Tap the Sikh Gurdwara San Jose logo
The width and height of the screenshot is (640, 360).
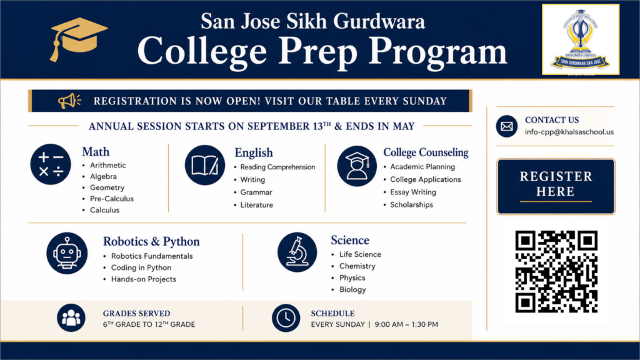click(x=581, y=39)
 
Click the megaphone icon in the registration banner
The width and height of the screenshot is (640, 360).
click(x=69, y=101)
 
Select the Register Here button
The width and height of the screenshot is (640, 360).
click(x=556, y=186)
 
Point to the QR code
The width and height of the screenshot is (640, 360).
click(x=556, y=271)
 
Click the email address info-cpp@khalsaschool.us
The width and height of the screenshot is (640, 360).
click(x=569, y=132)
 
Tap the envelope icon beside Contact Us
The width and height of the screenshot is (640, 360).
click(x=506, y=126)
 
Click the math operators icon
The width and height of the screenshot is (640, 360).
click(x=51, y=164)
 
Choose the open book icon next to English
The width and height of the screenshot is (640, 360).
click(x=205, y=165)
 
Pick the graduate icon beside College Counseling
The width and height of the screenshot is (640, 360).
click(x=357, y=166)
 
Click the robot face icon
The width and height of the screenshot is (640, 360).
click(x=67, y=253)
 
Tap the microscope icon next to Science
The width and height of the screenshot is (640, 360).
click(x=297, y=252)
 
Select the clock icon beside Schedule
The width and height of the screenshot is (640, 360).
click(x=286, y=318)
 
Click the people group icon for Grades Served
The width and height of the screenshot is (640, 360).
click(x=71, y=317)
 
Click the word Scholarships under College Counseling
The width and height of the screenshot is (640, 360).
click(x=411, y=205)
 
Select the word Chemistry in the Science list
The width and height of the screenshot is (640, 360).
click(x=357, y=266)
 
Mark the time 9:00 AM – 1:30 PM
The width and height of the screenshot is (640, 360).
click(x=406, y=324)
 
